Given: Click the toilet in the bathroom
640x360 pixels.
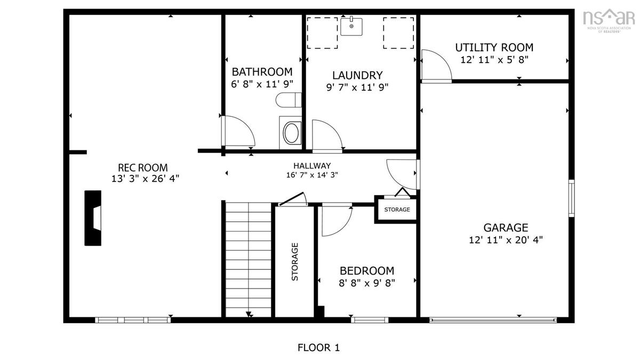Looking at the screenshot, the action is click(289, 100).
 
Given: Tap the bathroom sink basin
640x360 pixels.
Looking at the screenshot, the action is click(291, 133).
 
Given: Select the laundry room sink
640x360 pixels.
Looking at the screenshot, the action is click(351, 26).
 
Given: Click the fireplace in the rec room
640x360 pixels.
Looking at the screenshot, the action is click(93, 218).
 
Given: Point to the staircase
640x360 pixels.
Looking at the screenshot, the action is click(249, 259).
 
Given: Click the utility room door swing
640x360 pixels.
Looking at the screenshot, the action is click(437, 66).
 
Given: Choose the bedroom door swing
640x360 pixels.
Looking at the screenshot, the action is click(337, 219).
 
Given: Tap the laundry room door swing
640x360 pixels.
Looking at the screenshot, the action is click(327, 136).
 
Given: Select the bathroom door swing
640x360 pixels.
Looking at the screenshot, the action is click(238, 131).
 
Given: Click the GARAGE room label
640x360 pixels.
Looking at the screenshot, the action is click(506, 228).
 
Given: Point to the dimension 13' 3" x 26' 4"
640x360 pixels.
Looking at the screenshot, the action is click(145, 179).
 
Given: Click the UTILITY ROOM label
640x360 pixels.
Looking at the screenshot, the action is click(494, 47).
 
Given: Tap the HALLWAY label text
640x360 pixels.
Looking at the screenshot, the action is click(312, 166).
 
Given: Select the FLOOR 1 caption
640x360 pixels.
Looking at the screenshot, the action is click(318, 348).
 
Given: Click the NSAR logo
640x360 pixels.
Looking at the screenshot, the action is click(607, 21).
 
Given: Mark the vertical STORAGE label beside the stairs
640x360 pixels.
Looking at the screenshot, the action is click(294, 262).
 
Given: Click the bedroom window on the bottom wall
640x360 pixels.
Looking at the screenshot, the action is click(370, 320).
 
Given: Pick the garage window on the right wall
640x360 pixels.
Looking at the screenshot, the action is click(571, 198).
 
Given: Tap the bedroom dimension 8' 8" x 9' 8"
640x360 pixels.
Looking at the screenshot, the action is click(367, 283).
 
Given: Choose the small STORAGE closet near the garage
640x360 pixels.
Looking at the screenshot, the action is click(397, 210).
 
